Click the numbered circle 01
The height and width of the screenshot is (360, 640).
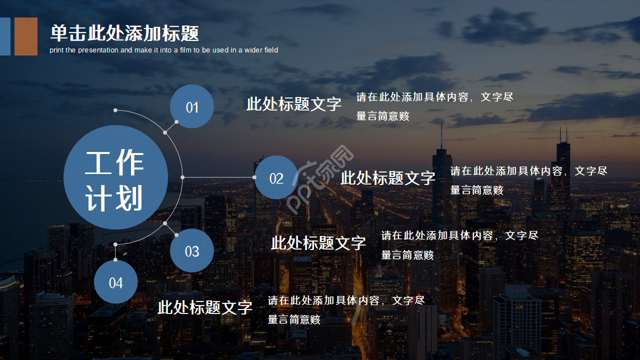(192, 106)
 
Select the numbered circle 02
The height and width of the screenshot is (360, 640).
(276, 177)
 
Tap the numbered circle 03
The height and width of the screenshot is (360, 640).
(192, 250)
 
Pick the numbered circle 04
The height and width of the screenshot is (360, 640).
(115, 282)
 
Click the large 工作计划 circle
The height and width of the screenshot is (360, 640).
(115, 177)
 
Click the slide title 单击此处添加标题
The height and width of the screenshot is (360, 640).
(124, 33)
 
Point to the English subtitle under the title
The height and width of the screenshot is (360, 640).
(164, 50)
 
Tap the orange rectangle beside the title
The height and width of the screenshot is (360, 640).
(26, 36)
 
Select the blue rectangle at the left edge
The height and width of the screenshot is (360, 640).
(5, 36)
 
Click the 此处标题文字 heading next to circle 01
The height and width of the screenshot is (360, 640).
(294, 104)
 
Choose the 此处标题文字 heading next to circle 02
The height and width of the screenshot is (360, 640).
(388, 177)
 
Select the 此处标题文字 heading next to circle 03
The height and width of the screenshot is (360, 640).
(318, 243)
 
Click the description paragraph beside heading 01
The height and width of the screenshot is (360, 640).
(434, 106)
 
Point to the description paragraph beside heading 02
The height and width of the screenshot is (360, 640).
(528, 180)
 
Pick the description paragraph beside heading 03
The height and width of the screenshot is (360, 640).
(459, 245)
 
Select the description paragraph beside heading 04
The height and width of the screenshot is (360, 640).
(346, 310)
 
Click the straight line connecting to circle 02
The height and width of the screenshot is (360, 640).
(218, 177)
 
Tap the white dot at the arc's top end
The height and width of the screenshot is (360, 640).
(115, 110)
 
